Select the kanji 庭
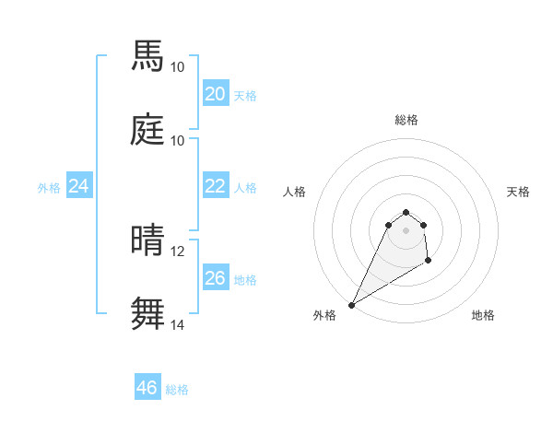click(148, 129)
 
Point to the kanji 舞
click(148, 313)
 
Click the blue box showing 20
click(215, 94)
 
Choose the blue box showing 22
click(215, 186)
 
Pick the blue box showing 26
click(215, 278)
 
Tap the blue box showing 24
click(78, 187)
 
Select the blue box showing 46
click(147, 388)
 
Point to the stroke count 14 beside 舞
click(177, 324)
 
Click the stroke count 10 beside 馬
click(177, 67)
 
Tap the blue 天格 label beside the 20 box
click(245, 96)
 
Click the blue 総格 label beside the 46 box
click(177, 390)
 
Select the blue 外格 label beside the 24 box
click(49, 188)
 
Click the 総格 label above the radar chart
click(406, 120)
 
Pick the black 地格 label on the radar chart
click(483, 315)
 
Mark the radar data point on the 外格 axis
click(351, 305)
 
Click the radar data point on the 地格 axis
click(429, 262)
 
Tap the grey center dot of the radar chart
click(406, 229)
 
